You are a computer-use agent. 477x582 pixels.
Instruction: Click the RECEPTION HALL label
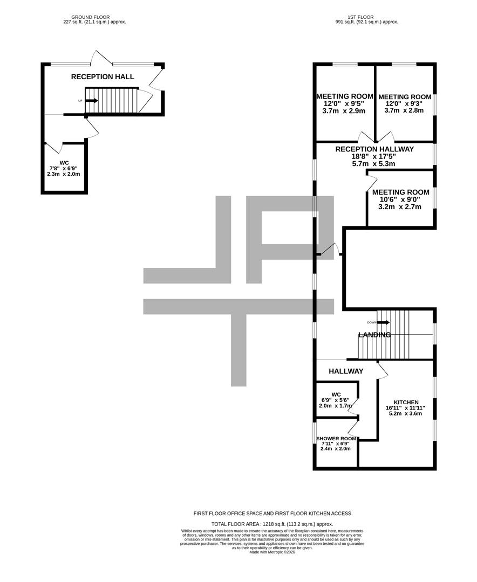tap(103, 77)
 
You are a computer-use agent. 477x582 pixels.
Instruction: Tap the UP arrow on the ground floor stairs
tap(91, 100)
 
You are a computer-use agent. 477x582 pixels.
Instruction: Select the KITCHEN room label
tap(406, 402)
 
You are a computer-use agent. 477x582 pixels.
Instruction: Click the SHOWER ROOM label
tap(336, 439)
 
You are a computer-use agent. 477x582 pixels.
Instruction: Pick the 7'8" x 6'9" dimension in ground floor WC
tap(64, 168)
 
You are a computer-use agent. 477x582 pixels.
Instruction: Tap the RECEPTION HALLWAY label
tap(374, 149)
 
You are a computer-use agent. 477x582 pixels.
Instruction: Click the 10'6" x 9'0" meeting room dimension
tap(400, 199)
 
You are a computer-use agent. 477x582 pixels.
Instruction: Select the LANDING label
tap(374, 335)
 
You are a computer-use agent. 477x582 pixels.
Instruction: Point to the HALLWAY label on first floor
tap(346, 371)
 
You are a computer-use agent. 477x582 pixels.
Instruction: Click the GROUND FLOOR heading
tap(94, 17)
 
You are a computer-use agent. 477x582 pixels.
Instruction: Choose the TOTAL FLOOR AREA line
tap(272, 524)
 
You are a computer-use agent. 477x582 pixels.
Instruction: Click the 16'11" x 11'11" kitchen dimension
tap(406, 408)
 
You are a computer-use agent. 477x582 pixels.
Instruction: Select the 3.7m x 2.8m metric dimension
tap(404, 110)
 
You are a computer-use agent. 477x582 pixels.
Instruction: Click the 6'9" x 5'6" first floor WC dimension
tap(336, 400)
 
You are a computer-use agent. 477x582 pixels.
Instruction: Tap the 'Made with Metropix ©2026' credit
tap(272, 552)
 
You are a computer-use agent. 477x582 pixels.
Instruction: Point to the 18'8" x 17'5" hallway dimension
tap(374, 156)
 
